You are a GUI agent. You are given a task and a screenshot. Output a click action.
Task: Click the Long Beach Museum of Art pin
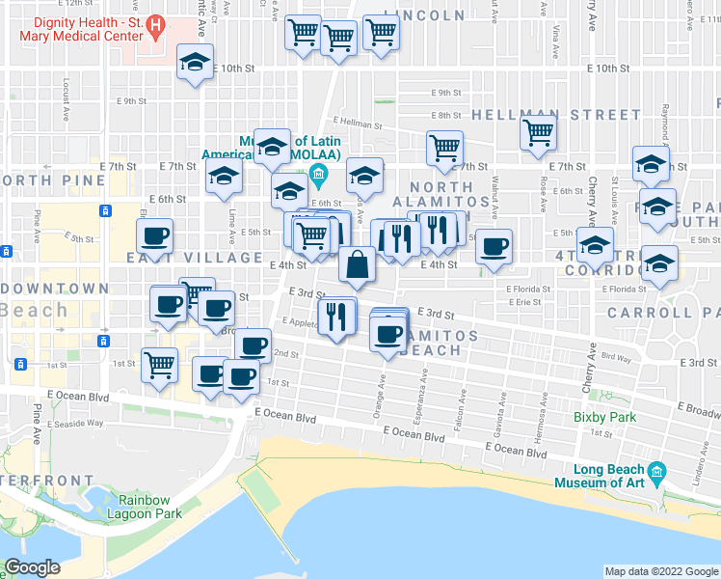pyautogui.click(x=658, y=472)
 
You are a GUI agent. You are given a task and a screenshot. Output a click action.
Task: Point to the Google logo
pyautogui.click(x=32, y=567)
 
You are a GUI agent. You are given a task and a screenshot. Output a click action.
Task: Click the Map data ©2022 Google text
pyautogui.click(x=661, y=571)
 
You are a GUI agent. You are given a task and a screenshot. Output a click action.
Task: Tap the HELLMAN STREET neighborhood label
pyautogui.click(x=556, y=115)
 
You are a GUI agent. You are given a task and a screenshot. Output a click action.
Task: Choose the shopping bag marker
pyautogui.click(x=357, y=263)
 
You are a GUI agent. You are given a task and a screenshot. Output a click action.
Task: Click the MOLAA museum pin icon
pyautogui.click(x=320, y=176)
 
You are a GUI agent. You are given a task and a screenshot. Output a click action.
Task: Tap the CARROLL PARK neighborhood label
pyautogui.click(x=663, y=312)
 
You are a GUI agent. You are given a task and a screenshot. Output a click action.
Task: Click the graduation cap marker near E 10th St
pyautogui.click(x=196, y=63)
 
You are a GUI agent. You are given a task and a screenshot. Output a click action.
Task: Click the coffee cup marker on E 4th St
pyautogui.click(x=494, y=247)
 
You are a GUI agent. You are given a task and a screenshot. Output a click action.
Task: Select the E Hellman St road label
pyautogui.click(x=360, y=124)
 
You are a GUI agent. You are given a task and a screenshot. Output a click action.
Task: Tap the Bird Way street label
pyautogui.click(x=615, y=357)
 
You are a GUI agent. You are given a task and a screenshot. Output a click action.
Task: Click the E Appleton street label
pyautogui.click(x=300, y=323)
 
